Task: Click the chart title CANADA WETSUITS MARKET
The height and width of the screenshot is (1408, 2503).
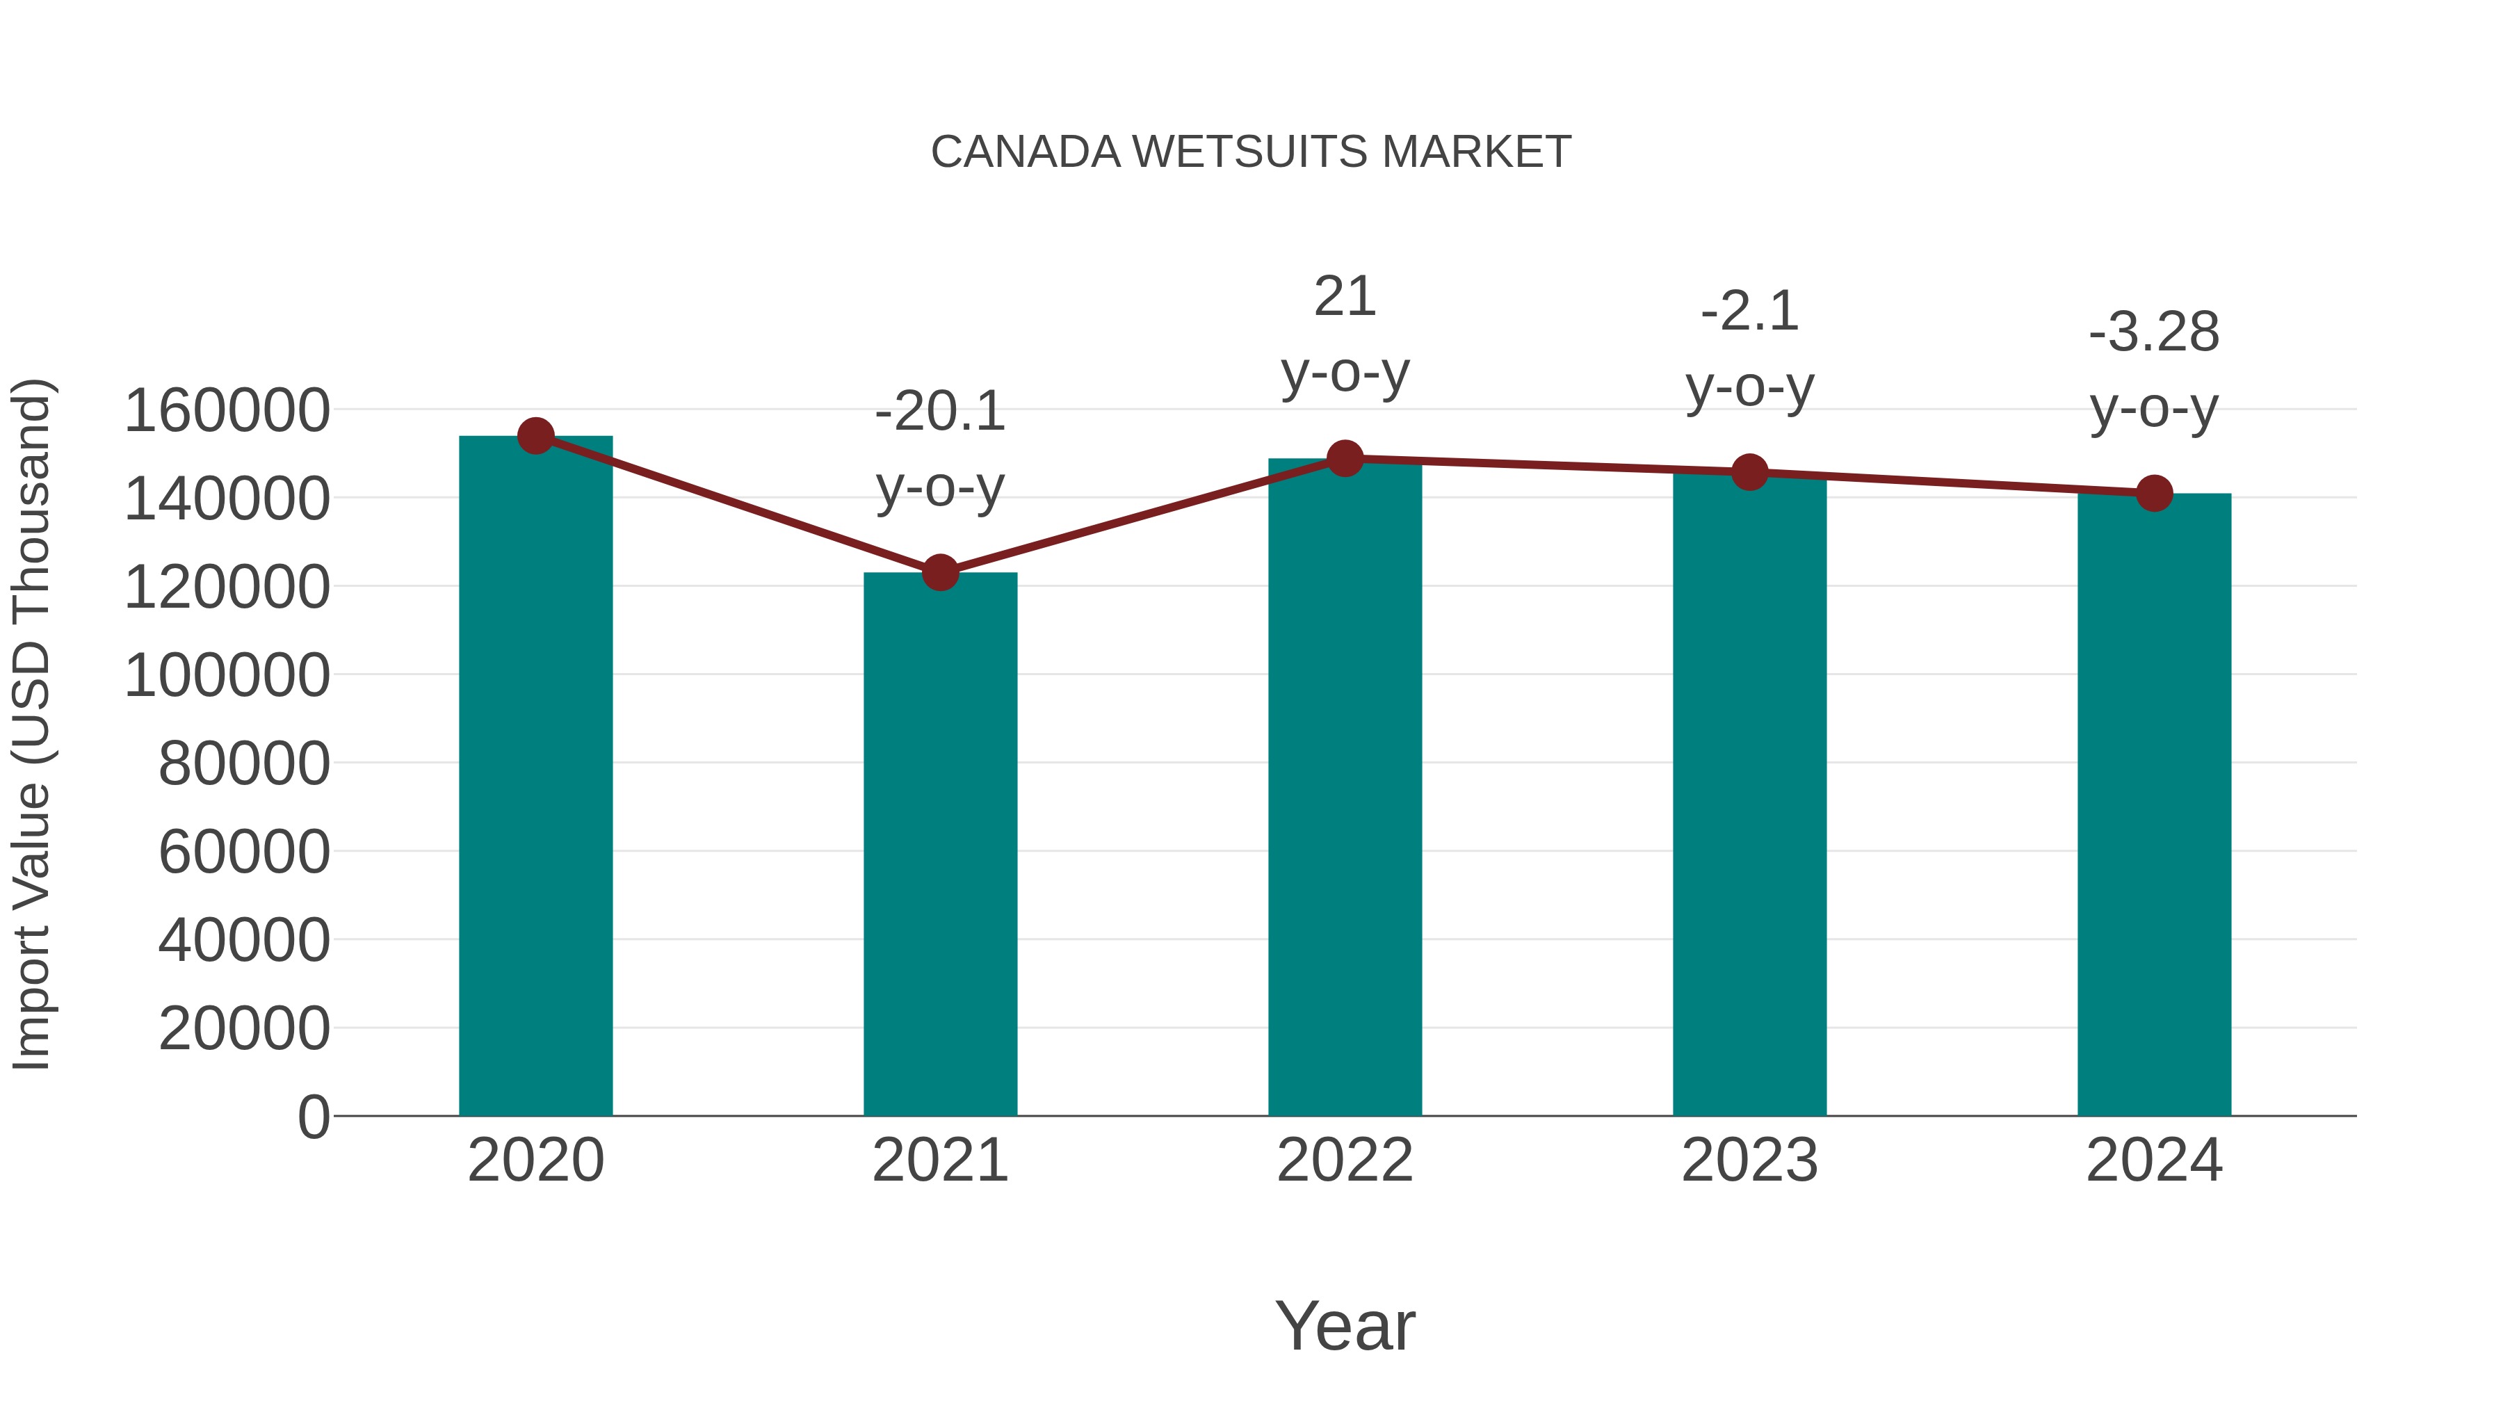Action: point(1251,152)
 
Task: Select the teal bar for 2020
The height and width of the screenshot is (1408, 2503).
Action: point(535,777)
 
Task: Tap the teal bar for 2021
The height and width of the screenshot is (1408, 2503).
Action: point(939,845)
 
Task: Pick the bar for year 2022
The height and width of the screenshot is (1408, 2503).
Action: point(1345,787)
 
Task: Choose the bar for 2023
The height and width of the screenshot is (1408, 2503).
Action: point(1749,797)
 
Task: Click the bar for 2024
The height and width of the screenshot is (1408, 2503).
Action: point(2154,807)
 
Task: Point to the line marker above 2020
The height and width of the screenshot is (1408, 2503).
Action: point(535,436)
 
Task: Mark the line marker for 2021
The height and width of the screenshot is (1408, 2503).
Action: point(939,572)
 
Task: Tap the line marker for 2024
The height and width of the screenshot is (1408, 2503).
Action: point(2154,494)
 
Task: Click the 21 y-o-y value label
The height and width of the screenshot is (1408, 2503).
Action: point(1345,296)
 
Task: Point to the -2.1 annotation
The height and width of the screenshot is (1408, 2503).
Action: point(1749,312)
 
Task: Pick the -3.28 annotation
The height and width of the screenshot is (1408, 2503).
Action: point(2154,332)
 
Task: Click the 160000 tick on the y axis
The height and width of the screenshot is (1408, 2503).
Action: point(227,410)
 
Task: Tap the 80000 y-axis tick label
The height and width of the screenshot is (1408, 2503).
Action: point(244,763)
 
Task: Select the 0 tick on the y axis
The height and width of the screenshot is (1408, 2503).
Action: point(313,1117)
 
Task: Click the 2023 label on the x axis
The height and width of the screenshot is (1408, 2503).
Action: point(1749,1160)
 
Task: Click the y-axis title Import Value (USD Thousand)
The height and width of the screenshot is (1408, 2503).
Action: point(31,724)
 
